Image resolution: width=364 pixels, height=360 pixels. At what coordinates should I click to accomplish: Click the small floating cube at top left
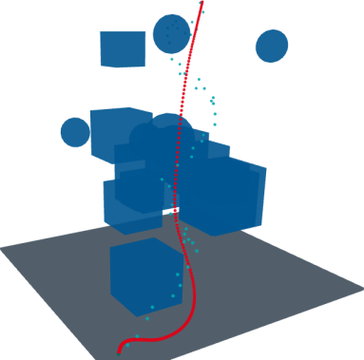(x=122, y=48)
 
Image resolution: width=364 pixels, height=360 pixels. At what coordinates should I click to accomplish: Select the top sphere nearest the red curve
(x=171, y=34)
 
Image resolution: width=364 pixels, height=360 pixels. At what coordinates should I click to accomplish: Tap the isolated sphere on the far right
(x=272, y=46)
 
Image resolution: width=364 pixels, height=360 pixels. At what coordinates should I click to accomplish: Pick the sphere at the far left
(x=74, y=132)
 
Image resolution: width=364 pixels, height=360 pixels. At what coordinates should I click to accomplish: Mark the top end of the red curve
(x=201, y=2)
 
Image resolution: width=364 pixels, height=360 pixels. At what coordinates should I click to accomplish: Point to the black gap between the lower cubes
(x=174, y=207)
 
